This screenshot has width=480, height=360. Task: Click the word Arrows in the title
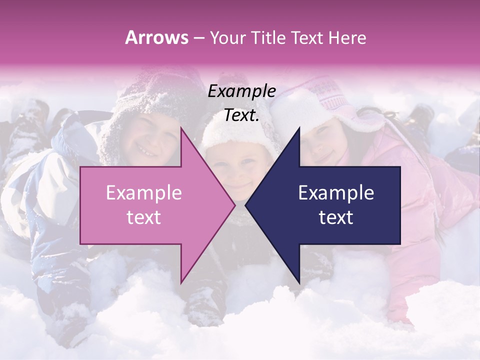pos(156,37)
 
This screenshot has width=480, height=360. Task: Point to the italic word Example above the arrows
pos(241,91)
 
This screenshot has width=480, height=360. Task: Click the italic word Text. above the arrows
pos(241,115)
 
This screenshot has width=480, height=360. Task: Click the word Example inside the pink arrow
pos(143,193)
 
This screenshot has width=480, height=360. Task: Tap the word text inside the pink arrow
pos(143,217)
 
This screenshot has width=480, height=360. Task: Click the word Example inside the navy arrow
pos(336,193)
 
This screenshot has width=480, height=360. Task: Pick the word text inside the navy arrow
pos(336,217)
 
